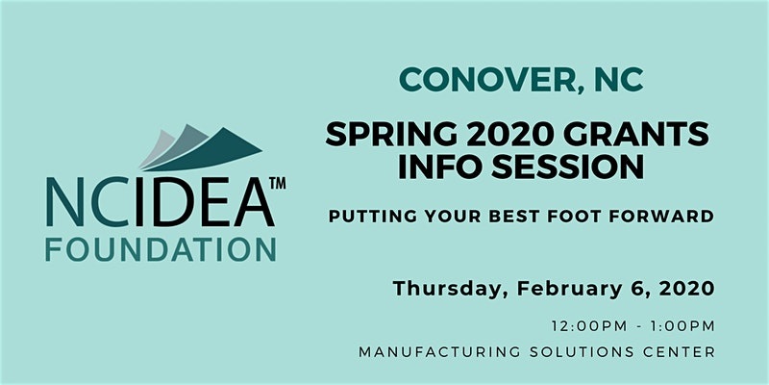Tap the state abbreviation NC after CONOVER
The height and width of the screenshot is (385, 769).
point(619,79)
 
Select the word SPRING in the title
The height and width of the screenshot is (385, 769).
point(391,134)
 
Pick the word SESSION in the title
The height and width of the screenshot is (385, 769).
point(568,167)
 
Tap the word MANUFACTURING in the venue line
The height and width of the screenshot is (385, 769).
point(439,352)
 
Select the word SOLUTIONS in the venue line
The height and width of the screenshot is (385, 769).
point(582,352)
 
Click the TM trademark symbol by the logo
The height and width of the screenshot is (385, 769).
point(278,183)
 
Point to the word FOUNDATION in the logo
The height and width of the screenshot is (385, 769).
point(161,249)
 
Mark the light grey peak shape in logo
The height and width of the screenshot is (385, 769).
point(156,147)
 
